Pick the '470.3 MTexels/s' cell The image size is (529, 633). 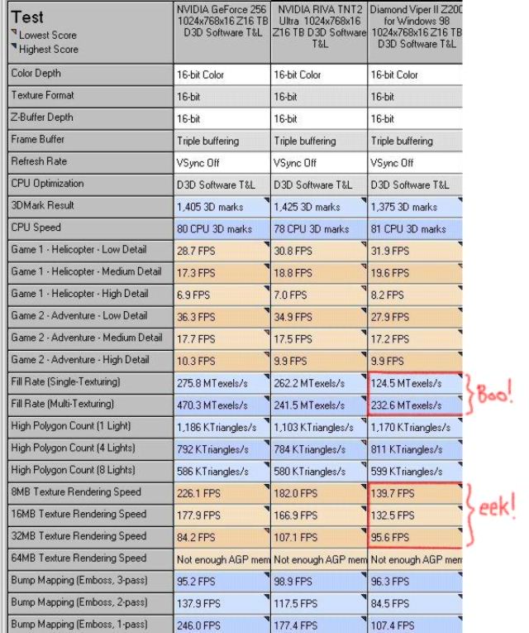(212, 405)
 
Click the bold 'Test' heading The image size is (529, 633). (28, 17)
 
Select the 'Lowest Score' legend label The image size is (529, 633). (48, 36)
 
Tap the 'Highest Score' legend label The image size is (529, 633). (49, 49)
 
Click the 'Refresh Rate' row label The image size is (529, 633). (39, 162)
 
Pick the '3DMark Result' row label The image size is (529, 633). (42, 206)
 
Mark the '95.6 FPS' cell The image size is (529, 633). (392, 537)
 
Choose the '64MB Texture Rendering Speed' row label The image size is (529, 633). (79, 559)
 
